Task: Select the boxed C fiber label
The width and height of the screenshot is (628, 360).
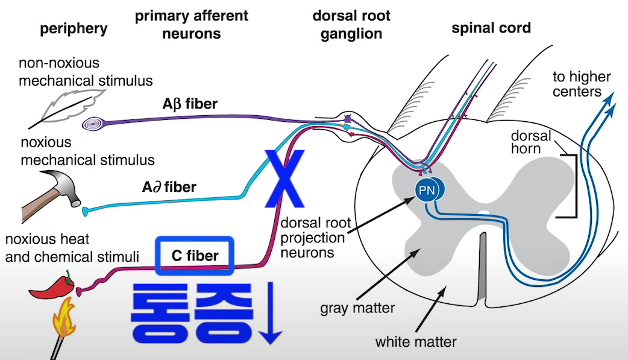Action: pyautogui.click(x=194, y=256)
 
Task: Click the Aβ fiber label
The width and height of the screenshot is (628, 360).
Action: pyautogui.click(x=190, y=104)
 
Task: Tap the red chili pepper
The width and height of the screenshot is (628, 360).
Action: pyautogui.click(x=52, y=288)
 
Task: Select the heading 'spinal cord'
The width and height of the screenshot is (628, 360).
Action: pyautogui.click(x=491, y=28)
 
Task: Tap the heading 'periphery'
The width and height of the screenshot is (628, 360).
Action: pyautogui.click(x=74, y=28)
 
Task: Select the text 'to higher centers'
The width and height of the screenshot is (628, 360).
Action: pyautogui.click(x=582, y=84)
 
